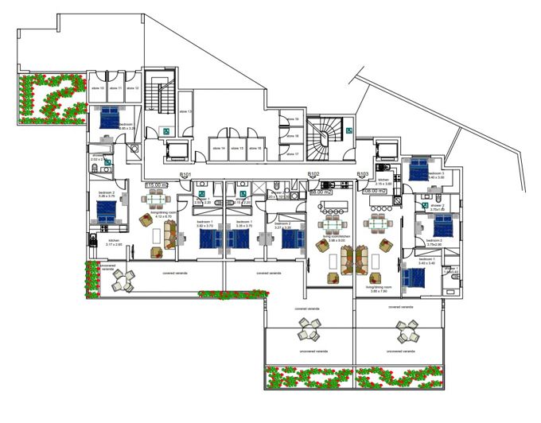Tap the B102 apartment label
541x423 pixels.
(x=313, y=174)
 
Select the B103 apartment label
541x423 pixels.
(x=363, y=174)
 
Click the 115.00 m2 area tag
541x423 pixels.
(x=156, y=185)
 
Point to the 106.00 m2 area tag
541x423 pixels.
(x=374, y=192)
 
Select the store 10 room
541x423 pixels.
(x=97, y=88)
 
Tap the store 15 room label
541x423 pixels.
(x=236, y=149)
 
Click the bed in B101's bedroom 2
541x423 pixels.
(x=106, y=212)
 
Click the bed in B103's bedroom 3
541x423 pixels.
(x=417, y=169)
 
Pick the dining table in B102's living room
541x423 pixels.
(x=329, y=208)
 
